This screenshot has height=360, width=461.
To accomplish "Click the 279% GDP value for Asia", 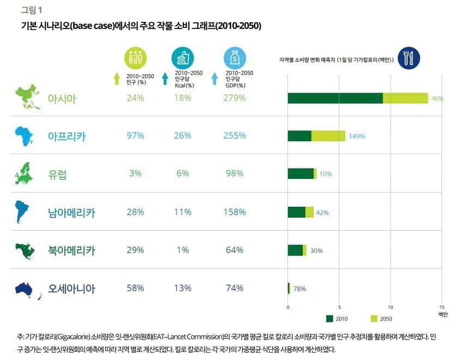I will [x=235, y=98].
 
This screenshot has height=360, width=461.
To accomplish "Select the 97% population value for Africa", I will [x=135, y=136].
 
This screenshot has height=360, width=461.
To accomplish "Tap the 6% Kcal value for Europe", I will [x=183, y=173].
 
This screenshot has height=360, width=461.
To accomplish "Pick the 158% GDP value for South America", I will [x=235, y=212].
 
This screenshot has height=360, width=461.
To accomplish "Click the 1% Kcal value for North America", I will [x=183, y=250].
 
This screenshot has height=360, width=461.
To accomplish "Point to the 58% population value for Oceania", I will [x=135, y=288].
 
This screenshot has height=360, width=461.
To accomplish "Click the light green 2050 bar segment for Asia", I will [x=405, y=98].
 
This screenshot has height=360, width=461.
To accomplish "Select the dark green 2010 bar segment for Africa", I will [x=299, y=136].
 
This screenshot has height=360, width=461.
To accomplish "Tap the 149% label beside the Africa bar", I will [x=357, y=136].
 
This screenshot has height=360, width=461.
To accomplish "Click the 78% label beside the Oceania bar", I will [x=300, y=289].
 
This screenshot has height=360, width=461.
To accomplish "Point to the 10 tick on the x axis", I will [x=391, y=307].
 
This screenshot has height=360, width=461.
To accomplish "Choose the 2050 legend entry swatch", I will [x=374, y=319].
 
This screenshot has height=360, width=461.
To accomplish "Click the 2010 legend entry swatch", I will [x=330, y=319].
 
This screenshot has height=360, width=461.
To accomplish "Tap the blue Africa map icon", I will [x=26, y=136].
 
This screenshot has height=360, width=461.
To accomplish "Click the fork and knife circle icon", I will [x=409, y=57].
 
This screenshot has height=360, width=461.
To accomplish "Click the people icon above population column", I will [x=135, y=58].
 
